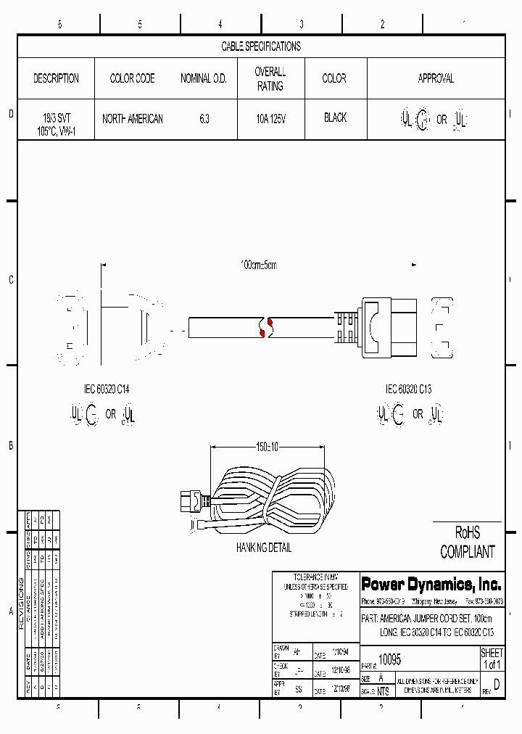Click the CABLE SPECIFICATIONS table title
(261, 46)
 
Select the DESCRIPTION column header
(56, 78)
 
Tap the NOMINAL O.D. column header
(204, 78)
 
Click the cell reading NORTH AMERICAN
(133, 118)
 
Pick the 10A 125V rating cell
(270, 118)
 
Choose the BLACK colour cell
(335, 117)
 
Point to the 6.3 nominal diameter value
(204, 118)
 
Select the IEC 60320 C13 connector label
(408, 389)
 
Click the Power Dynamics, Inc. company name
(431, 585)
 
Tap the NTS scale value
(383, 691)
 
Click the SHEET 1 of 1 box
(492, 659)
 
